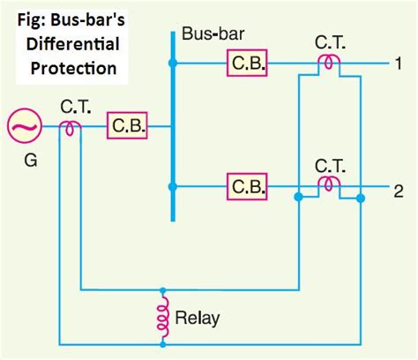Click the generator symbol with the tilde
tap(24, 127)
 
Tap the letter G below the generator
tap(24, 162)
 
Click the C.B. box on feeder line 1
tap(247, 64)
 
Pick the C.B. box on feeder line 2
tap(247, 187)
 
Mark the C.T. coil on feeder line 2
tap(329, 185)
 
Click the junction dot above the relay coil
tap(162, 289)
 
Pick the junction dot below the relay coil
tap(162, 342)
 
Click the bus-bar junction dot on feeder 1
tap(173, 64)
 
